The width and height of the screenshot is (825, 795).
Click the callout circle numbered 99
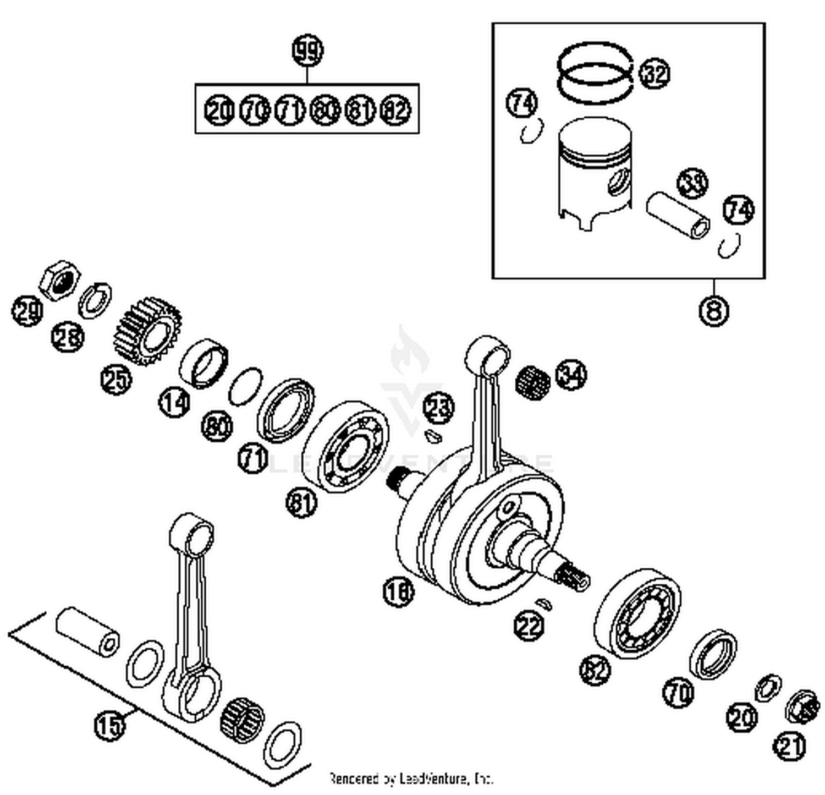pos(307,51)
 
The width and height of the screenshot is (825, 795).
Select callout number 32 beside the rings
pos(654,74)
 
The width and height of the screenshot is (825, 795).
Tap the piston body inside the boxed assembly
pos(593,171)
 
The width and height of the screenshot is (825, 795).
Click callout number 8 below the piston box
pos(713,311)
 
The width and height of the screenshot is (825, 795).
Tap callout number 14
pos(174,402)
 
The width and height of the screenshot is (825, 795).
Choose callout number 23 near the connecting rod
pos(439,408)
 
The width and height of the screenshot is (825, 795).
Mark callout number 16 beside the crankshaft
pos(398,592)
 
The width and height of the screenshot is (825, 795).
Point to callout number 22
pos(529,626)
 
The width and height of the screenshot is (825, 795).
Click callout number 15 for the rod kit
pos(109,725)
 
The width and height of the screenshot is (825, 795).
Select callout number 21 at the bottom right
pos(790,747)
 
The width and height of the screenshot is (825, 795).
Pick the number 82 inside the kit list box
pos(396,111)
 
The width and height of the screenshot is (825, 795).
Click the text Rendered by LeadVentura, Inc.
pos(410,778)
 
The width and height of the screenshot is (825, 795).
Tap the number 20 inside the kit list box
pos(219,111)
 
